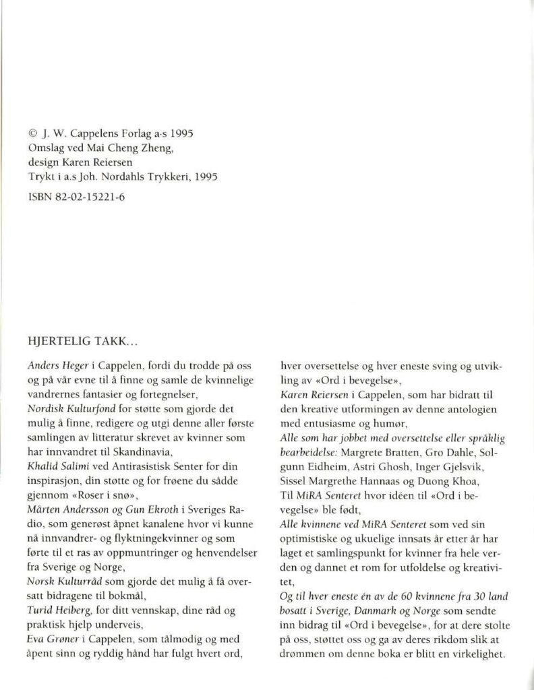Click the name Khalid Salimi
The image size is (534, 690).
click(57, 466)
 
